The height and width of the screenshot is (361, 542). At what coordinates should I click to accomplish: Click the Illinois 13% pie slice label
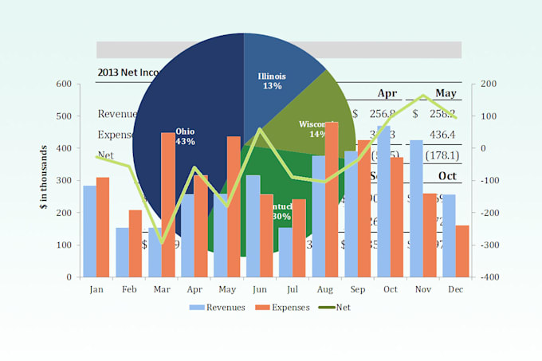[x=272, y=80]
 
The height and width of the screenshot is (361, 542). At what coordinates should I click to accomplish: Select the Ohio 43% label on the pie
[x=185, y=135]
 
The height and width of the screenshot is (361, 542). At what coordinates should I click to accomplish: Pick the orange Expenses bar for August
[x=331, y=199]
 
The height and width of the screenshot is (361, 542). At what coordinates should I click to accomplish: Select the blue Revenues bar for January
[x=89, y=231]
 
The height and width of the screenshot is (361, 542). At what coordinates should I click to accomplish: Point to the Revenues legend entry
[x=218, y=307]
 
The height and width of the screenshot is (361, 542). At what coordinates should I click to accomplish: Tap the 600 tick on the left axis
[x=63, y=84]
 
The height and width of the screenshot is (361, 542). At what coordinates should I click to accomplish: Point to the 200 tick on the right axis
[x=489, y=84]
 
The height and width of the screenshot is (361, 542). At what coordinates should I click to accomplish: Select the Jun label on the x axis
[x=260, y=289]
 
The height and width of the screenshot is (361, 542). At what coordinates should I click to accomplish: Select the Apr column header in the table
[x=387, y=92]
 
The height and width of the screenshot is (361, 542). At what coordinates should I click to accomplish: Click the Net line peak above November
[x=423, y=96]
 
